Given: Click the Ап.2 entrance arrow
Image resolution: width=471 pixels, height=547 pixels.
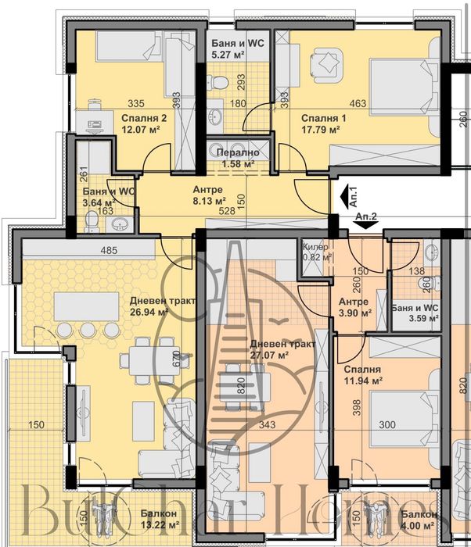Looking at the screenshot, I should click(x=365, y=223).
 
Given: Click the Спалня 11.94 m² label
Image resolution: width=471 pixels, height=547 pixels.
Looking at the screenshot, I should click(x=362, y=375).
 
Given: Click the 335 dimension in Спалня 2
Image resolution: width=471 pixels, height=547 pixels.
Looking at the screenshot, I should click(x=138, y=103).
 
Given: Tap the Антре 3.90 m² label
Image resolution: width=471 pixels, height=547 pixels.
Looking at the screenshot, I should click(x=354, y=307).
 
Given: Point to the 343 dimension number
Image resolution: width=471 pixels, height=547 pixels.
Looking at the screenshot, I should click(x=268, y=424).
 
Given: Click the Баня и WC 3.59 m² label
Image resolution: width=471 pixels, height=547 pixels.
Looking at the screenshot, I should click(x=415, y=313).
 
